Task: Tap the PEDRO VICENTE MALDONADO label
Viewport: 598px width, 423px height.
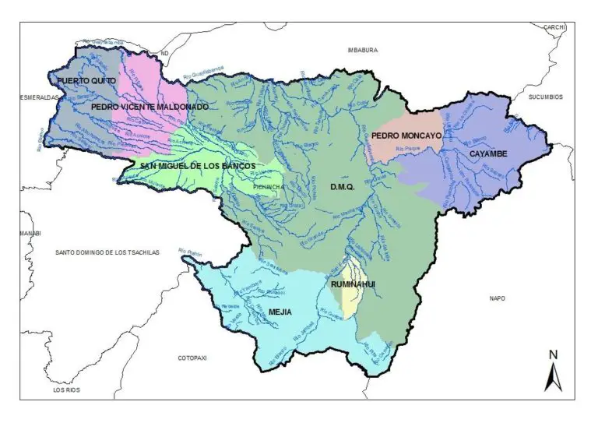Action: pos(139,106)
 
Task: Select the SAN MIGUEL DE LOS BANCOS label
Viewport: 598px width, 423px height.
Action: pos(198,165)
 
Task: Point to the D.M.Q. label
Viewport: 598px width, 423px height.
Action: pos(343,187)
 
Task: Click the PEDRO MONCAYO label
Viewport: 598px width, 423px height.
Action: pos(406,136)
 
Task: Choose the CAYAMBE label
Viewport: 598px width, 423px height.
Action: pos(488,154)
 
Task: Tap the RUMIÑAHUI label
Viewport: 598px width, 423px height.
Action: pos(353,285)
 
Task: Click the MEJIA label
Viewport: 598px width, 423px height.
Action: pos(280,312)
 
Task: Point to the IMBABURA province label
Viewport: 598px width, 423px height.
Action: pos(362,50)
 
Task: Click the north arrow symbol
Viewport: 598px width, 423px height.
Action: pos(554,372)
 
